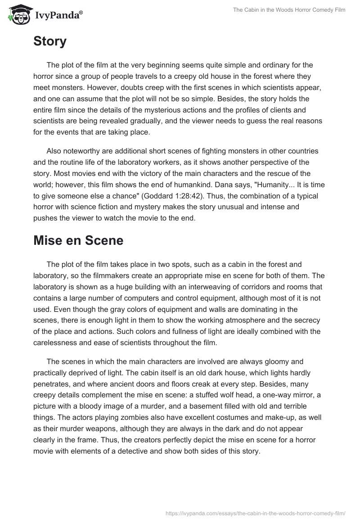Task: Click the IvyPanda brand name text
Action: [58, 16]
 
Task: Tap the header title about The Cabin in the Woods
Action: [289, 10]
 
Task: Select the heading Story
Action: [50, 41]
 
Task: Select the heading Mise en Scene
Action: [78, 240]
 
